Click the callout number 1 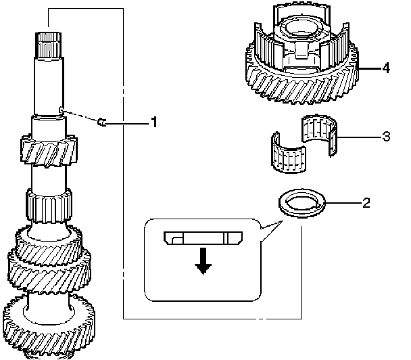tap(155, 122)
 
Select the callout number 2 tap(366, 202)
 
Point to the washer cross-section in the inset tap(202, 238)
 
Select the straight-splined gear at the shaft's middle tap(47, 203)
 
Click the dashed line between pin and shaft tap(81, 116)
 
